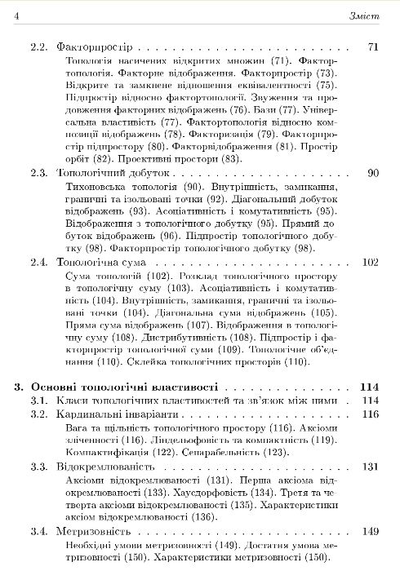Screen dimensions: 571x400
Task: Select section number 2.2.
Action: pyautogui.click(x=40, y=46)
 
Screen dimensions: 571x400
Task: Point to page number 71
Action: pyautogui.click(x=374, y=46)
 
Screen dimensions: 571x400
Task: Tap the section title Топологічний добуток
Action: pyautogui.click(x=113, y=174)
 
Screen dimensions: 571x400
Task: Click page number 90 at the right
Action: pyautogui.click(x=374, y=174)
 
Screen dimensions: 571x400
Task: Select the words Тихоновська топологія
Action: pyautogui.click(x=116, y=188)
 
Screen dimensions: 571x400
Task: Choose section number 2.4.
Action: pyautogui.click(x=40, y=263)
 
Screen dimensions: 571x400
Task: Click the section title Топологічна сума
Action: pyautogui.click(x=102, y=263)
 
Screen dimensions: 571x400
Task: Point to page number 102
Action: pyautogui.click(x=371, y=263)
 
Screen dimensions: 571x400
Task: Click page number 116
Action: pyautogui.click(x=371, y=415)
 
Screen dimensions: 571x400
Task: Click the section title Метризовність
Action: pyautogui.click(x=92, y=532)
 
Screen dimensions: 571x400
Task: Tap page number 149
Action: pyautogui.click(x=371, y=532)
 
